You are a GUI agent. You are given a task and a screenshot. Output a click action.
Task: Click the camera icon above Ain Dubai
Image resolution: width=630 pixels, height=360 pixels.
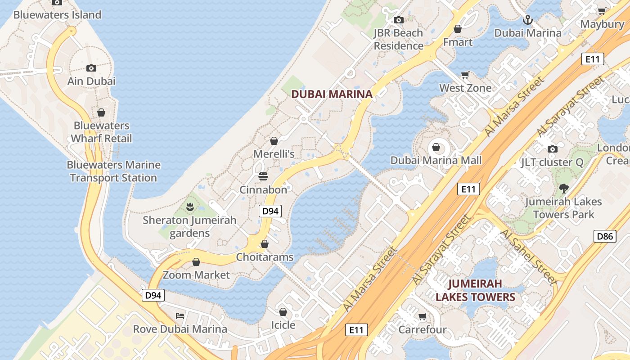91,68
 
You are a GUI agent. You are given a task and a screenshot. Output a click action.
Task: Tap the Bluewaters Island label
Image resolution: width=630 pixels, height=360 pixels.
57,15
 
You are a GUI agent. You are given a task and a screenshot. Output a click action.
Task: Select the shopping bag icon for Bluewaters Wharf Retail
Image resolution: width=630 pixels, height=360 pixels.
101,112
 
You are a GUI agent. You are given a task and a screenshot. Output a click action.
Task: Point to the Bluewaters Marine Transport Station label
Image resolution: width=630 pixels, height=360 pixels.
113,171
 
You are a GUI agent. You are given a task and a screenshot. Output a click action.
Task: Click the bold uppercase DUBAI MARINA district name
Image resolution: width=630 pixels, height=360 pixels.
332,94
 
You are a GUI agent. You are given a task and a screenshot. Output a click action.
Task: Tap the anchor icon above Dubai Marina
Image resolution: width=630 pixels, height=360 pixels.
527,19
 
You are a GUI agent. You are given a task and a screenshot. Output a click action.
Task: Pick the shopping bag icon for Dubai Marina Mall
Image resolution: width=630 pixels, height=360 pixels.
436,147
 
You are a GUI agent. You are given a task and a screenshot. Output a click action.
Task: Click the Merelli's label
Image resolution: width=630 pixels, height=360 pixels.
274,154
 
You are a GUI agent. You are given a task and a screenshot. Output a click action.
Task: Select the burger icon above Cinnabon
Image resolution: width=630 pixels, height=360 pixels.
263,176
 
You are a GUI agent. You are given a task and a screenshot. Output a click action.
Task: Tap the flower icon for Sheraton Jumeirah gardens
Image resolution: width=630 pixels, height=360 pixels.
190,207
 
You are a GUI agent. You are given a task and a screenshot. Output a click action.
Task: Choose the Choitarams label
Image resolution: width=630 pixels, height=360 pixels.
265,257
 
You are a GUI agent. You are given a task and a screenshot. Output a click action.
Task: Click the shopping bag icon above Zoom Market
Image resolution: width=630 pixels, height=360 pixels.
196,262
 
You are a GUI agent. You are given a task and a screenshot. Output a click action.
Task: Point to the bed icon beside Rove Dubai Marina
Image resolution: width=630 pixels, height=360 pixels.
180,315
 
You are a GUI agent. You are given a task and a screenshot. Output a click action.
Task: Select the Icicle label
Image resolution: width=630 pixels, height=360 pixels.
283,325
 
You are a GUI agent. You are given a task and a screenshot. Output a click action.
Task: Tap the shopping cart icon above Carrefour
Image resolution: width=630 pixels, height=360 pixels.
422,316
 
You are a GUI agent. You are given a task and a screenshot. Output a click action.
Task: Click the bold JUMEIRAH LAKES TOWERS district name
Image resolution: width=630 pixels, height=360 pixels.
475,291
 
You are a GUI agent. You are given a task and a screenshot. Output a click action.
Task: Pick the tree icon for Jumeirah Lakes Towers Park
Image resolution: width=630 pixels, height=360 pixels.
563,189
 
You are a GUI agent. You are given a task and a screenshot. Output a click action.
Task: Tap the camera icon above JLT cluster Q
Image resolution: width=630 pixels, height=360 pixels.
552,149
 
